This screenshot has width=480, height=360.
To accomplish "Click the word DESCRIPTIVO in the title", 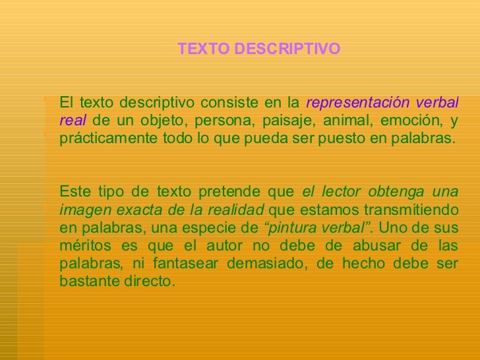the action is pyautogui.click(x=287, y=49).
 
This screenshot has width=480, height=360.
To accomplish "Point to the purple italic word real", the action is pyautogui.click(x=73, y=120).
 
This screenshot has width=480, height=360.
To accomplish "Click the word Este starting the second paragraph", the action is pyautogui.click(x=75, y=192).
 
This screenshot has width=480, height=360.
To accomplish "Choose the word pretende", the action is pyautogui.click(x=229, y=193).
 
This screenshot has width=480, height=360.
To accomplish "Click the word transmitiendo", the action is pyautogui.click(x=411, y=210).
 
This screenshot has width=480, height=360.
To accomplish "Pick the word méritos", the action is pyautogui.click(x=85, y=245).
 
